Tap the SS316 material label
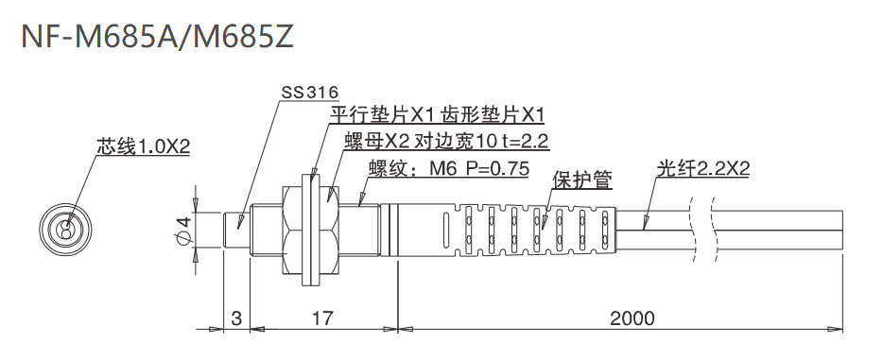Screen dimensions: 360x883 click(x=309, y=94)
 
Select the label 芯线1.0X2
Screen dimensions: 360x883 click(x=144, y=147)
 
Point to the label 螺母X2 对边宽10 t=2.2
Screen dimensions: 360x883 click(x=447, y=143)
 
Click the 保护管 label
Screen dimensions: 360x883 click(x=582, y=179)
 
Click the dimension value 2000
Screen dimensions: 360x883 click(x=631, y=318)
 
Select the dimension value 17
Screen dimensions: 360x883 click(x=321, y=318)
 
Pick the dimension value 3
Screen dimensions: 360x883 click(x=235, y=318)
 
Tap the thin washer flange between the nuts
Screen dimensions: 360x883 click(x=311, y=228)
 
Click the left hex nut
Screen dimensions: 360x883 click(x=291, y=228)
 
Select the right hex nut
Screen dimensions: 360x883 click(x=331, y=228)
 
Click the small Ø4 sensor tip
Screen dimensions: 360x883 click(x=236, y=228)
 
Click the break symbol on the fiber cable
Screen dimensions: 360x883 click(x=701, y=228)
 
